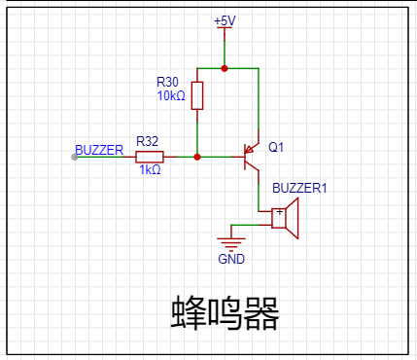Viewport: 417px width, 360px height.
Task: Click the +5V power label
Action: coord(225,21)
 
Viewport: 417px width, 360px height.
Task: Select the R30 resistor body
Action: coord(197,95)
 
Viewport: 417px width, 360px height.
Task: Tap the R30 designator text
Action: coord(167,82)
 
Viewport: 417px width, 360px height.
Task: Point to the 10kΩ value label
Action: coord(171,95)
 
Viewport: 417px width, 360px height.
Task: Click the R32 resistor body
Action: coord(150,157)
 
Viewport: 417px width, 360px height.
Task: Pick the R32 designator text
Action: coord(147,141)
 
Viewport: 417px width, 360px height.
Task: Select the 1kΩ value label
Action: coord(150,169)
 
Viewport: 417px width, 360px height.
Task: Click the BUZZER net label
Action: coord(99,150)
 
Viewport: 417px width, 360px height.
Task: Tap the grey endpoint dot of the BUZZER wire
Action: coord(75,158)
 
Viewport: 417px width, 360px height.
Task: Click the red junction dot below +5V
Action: coord(225,68)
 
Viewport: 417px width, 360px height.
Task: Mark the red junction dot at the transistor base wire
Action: coord(197,158)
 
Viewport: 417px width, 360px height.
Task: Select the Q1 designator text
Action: coord(276,147)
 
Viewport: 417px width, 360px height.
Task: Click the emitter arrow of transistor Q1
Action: coord(249,149)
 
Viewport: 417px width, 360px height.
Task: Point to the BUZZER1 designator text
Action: coord(299,188)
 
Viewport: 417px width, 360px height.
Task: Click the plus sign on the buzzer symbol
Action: coord(280,212)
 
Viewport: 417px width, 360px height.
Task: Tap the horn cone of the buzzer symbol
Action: coord(292,218)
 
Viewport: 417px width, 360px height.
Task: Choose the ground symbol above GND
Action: coord(231,244)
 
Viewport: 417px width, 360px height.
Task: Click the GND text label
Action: coord(231,259)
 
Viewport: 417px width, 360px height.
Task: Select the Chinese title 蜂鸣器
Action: coord(225,313)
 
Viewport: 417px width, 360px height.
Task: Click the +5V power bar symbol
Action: coord(225,28)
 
